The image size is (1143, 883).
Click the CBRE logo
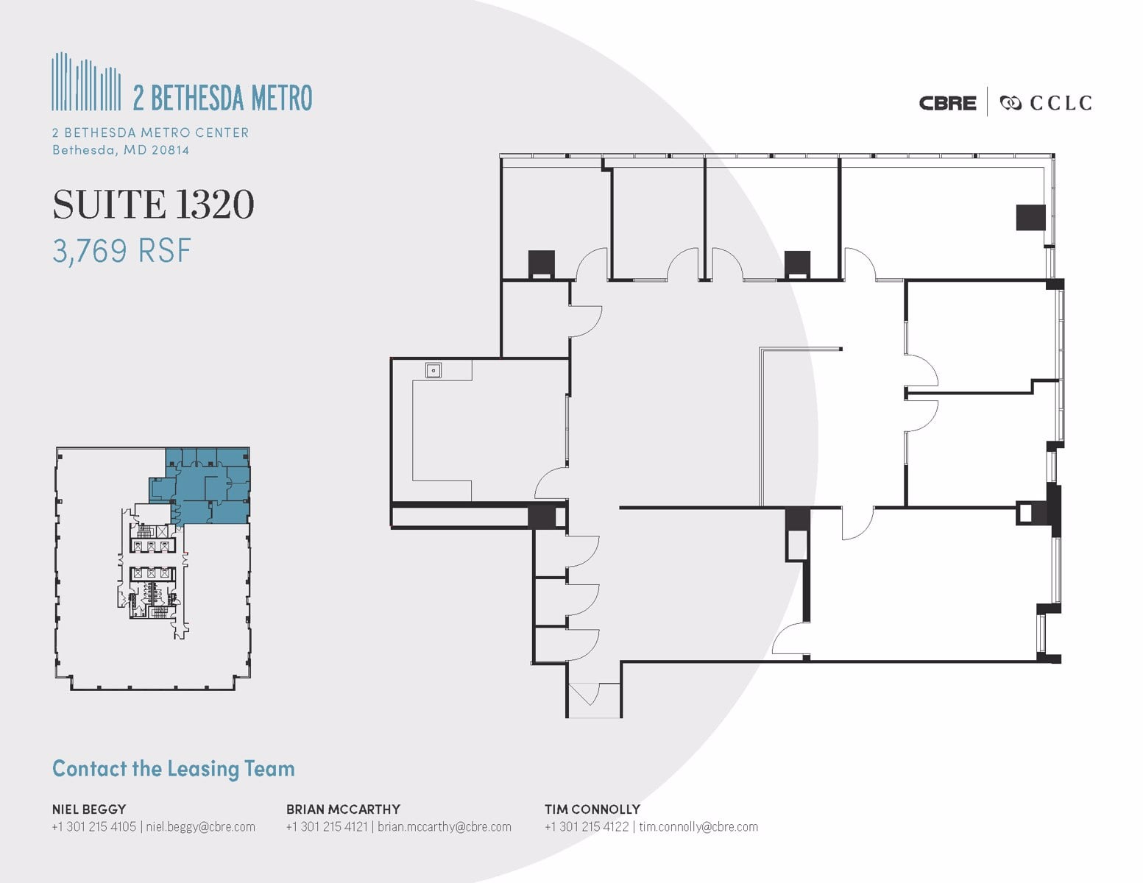(947, 103)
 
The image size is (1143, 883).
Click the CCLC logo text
(1060, 103)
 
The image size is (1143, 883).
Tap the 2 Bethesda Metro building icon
(86, 82)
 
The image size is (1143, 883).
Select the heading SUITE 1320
(153, 205)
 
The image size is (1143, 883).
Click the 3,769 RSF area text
(121, 251)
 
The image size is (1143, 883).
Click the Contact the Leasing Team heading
(173, 769)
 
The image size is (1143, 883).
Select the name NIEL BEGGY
(88, 809)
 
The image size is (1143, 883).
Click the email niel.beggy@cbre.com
(200, 827)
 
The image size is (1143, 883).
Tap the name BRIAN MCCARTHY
(343, 809)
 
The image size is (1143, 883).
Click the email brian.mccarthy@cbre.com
(444, 827)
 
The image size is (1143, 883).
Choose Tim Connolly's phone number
(587, 827)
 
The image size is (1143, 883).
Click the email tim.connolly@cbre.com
(698, 827)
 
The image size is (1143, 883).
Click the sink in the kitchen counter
(433, 370)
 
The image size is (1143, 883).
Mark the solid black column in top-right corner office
(1030, 217)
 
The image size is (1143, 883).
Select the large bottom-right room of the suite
(927, 585)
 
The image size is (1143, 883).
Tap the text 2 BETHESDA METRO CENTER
(150, 132)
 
